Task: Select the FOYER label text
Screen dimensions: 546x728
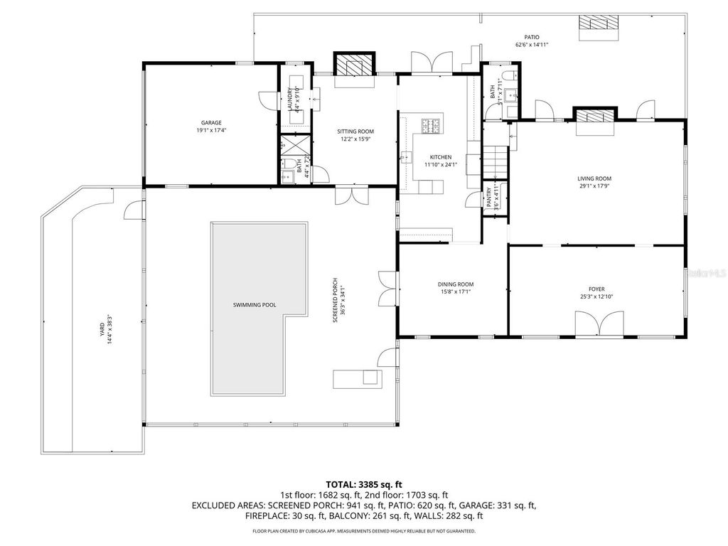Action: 597,289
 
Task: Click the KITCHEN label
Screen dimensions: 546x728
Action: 440,157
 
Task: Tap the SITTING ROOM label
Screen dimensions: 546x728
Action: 355,132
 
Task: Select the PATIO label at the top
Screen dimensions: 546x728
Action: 532,37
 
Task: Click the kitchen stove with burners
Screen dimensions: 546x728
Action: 432,126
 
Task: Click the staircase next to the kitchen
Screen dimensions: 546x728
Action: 496,163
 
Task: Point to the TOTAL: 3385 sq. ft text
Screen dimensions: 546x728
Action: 363,483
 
